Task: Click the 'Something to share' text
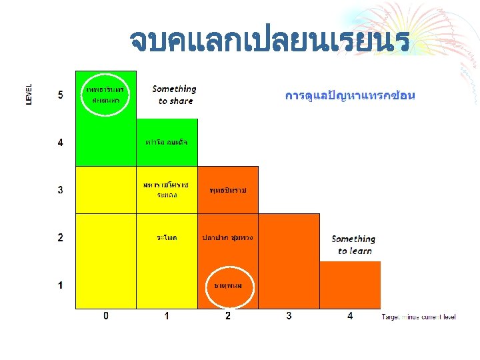pyautogui.click(x=174, y=95)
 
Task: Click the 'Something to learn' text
pyautogui.click(x=353, y=245)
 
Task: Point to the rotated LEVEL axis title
pyautogui.click(x=29, y=94)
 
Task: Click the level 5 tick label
pyautogui.click(x=61, y=95)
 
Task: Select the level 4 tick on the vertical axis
pyautogui.click(x=61, y=143)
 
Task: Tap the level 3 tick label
pyautogui.click(x=61, y=190)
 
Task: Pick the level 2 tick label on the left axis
pyautogui.click(x=61, y=237)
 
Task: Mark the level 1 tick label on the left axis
pyautogui.click(x=61, y=285)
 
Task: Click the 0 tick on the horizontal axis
pyautogui.click(x=106, y=316)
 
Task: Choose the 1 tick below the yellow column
pyautogui.click(x=167, y=316)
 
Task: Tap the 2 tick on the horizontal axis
pyautogui.click(x=228, y=316)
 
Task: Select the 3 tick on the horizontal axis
pyautogui.click(x=289, y=316)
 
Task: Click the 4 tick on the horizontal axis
pyautogui.click(x=350, y=316)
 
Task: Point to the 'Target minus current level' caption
pyautogui.click(x=419, y=317)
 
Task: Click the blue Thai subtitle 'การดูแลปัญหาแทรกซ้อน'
pyautogui.click(x=349, y=95)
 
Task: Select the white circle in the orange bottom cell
pyautogui.click(x=228, y=285)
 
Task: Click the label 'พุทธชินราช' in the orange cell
pyautogui.click(x=228, y=191)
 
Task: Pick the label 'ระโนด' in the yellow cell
pyautogui.click(x=167, y=237)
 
